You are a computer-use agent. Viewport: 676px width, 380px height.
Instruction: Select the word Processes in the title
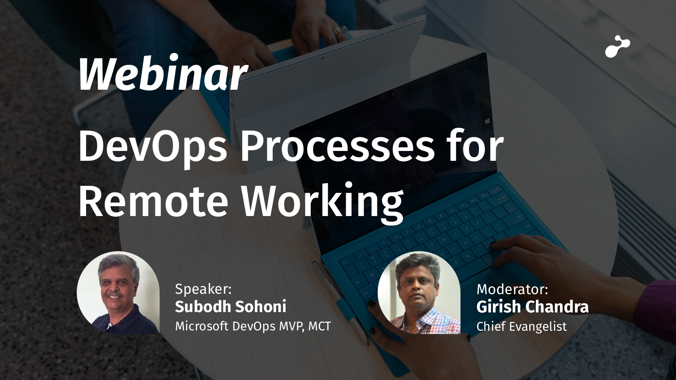tap(337, 145)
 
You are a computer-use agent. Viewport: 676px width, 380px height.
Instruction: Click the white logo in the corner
tap(618, 46)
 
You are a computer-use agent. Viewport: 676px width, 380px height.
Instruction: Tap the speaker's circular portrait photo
tap(118, 293)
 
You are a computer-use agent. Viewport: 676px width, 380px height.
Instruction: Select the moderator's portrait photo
tap(419, 293)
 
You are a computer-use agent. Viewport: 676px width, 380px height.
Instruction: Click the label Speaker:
tap(203, 289)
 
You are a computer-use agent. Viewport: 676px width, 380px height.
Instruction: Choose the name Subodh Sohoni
tap(231, 307)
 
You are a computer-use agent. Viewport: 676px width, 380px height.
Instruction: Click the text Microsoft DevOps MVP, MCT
tap(253, 326)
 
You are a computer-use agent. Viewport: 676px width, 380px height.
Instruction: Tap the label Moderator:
tap(512, 289)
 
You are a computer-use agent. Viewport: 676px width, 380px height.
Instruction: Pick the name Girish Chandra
tap(532, 307)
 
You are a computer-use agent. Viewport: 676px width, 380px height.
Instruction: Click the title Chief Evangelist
tap(521, 327)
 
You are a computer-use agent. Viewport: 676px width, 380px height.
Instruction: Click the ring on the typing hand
tap(339, 31)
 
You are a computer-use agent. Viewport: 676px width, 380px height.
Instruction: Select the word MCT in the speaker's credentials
tap(320, 326)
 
